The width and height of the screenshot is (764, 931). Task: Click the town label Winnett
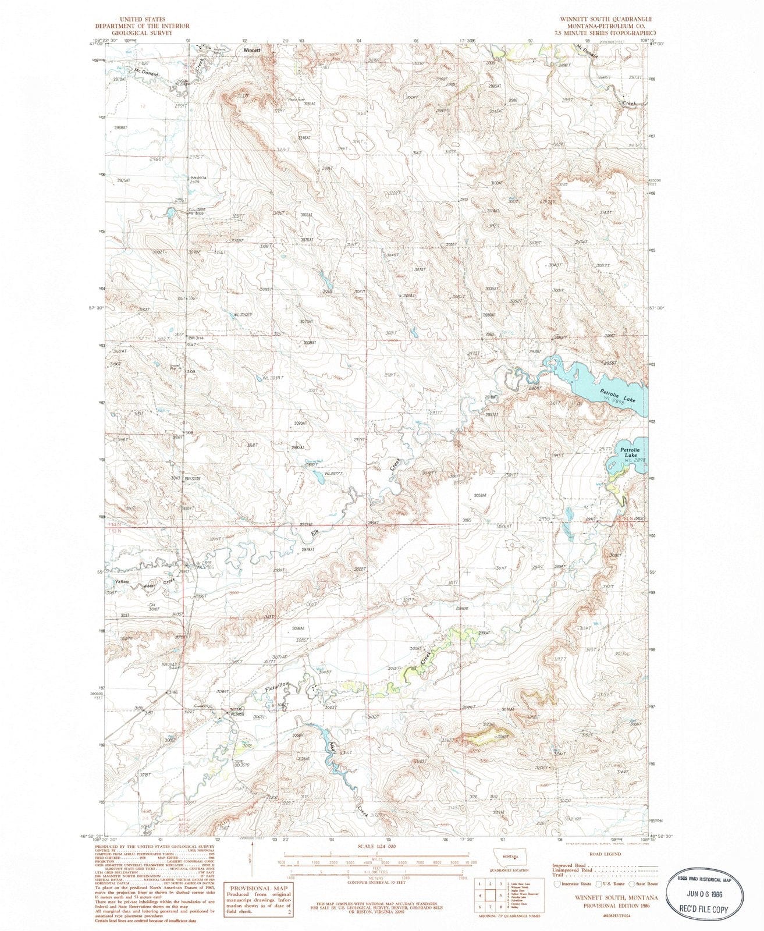tap(252, 50)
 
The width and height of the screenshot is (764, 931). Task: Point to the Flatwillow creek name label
tap(277, 687)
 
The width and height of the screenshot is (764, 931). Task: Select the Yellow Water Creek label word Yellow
tap(122, 582)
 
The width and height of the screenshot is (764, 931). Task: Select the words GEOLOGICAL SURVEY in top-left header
tap(135, 33)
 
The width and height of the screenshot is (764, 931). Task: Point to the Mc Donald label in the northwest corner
tap(146, 72)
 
